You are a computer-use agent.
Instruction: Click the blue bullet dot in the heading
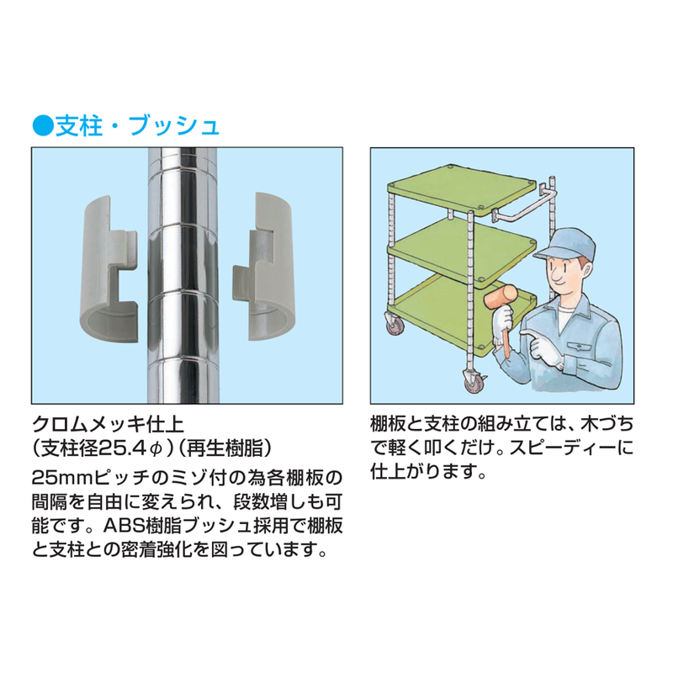(43, 125)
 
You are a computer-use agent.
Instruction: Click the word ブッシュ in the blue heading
(174, 125)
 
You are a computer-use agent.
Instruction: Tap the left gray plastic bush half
(109, 269)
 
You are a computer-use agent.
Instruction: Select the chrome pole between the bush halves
(183, 275)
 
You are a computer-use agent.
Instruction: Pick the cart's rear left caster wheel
(393, 324)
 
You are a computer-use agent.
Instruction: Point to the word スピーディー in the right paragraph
(558, 448)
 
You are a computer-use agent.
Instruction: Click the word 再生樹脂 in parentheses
(225, 448)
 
